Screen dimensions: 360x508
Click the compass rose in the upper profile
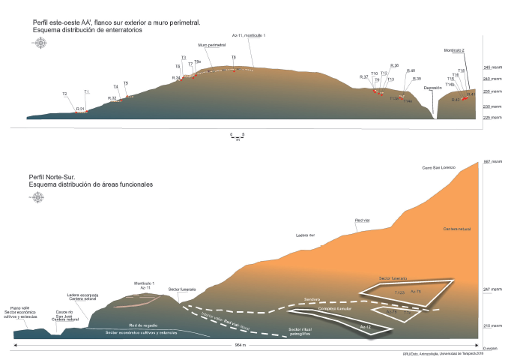[40, 43]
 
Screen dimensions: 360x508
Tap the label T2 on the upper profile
[65, 94]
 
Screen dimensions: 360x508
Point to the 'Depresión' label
[433, 88]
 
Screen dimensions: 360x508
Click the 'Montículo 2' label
[454, 50]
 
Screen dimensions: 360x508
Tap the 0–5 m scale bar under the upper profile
[238, 136]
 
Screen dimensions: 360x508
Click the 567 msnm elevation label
[491, 162]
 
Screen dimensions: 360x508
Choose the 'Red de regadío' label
[142, 325]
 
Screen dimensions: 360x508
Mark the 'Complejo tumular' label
[334, 308]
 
